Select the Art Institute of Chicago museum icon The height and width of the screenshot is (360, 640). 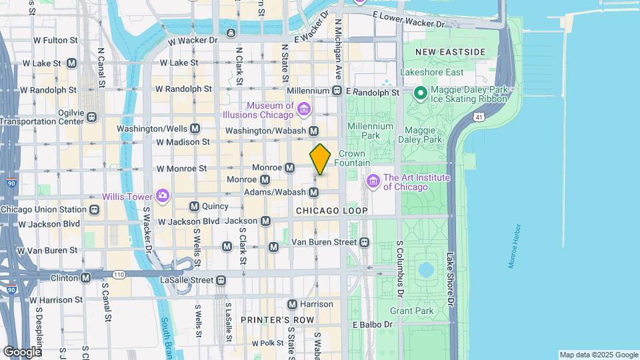click(373, 181)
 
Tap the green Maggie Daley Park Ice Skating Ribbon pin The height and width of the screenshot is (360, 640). click(420, 93)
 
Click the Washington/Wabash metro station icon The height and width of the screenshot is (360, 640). click(313, 131)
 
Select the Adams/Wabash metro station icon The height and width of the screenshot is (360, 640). click(314, 192)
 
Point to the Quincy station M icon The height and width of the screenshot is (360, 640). click(194, 206)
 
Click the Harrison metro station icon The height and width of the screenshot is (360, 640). click(291, 304)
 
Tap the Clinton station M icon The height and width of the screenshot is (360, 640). click(86, 277)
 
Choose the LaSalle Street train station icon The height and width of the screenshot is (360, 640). click(221, 281)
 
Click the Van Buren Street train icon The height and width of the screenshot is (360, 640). click(365, 241)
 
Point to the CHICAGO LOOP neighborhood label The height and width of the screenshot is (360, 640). click(331, 211)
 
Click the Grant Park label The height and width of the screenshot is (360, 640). click(411, 311)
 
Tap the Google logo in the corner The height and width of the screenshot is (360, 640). click(22, 351)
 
